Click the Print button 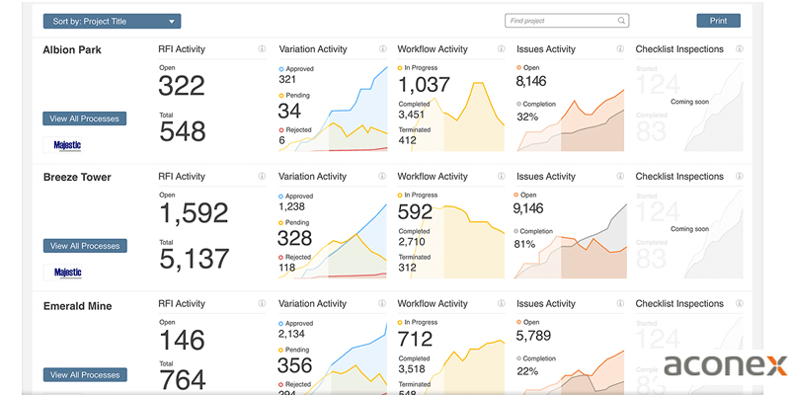(718, 21)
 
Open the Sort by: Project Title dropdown (112, 21)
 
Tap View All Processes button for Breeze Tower (85, 246)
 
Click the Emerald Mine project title (77, 306)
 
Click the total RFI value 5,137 (196, 259)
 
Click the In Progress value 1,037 (424, 85)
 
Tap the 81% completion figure (525, 244)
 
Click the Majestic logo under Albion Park (68, 145)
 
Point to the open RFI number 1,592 (194, 213)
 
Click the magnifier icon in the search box (621, 20)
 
